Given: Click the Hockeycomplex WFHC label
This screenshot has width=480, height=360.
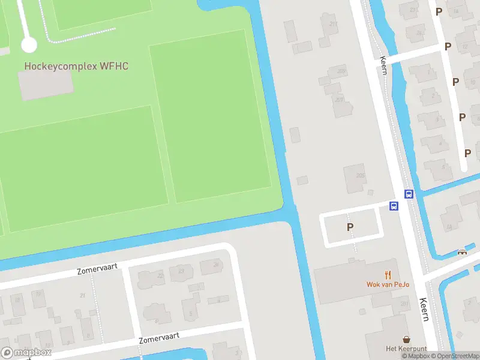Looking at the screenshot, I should (76, 65).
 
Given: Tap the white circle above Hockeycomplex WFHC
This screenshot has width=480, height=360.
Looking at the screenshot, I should (29, 44).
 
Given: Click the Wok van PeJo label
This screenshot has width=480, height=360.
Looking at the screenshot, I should (388, 284).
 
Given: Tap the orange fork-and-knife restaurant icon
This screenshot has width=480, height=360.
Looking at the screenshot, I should (388, 275).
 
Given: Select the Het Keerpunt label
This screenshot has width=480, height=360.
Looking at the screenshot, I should (406, 349).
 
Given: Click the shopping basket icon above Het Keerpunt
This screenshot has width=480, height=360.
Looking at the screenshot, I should (407, 340).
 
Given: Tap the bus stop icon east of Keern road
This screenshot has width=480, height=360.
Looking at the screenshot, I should (409, 194).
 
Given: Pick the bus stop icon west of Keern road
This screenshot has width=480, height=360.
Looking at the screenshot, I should (394, 206).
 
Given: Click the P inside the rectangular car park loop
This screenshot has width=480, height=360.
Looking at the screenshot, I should (350, 227).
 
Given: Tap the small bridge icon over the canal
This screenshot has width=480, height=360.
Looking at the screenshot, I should (462, 252).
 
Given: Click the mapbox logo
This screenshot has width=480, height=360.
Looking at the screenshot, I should (26, 353).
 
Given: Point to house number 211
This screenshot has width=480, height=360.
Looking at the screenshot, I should (333, 24).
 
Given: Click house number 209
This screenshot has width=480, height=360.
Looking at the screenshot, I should (341, 71).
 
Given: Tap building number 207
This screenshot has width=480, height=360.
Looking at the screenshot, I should (340, 100).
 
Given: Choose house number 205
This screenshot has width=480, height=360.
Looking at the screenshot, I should (360, 175).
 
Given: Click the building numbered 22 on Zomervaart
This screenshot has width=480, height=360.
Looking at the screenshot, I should (160, 275).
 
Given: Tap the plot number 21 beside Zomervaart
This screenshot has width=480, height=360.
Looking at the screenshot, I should (82, 295).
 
